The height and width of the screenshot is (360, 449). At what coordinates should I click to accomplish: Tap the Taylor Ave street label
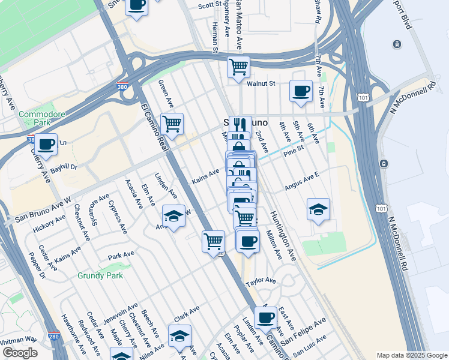(x=261, y=280)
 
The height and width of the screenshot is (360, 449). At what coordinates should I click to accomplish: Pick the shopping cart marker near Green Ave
(x=172, y=124)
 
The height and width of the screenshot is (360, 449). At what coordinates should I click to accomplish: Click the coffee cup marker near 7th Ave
(x=301, y=91)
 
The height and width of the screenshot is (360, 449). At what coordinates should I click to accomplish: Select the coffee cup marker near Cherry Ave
(x=46, y=144)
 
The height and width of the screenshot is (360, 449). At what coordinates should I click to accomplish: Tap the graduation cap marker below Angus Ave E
(x=318, y=209)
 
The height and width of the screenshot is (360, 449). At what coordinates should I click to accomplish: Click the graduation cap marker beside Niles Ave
(x=179, y=336)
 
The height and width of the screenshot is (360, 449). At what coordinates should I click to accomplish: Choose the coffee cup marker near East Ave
(x=265, y=317)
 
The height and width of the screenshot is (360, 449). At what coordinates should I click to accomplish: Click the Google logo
(x=19, y=353)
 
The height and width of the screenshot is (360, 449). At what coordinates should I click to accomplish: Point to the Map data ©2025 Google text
(x=411, y=355)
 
